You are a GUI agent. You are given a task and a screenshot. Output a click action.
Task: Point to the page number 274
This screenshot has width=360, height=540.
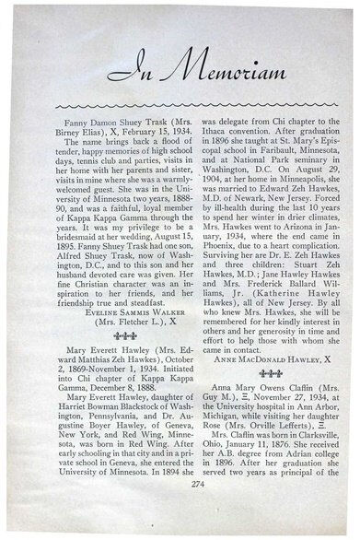coord(180,508)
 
